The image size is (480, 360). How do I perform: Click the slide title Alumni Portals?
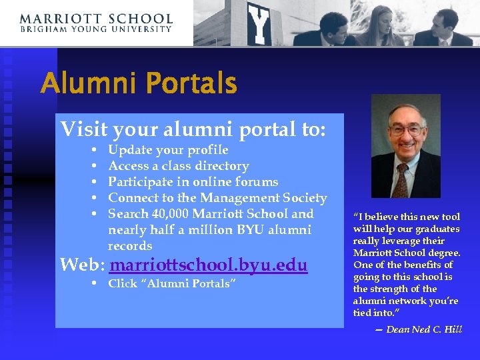138,85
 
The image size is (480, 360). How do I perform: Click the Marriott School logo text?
96,19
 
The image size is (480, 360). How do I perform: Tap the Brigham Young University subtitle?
96,29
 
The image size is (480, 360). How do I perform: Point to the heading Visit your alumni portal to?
193,129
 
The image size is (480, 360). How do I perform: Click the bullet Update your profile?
168,150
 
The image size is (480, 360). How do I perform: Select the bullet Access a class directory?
178,166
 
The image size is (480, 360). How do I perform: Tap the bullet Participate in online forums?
193,182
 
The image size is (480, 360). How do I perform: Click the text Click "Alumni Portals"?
172,284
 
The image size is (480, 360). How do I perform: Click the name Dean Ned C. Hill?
424,329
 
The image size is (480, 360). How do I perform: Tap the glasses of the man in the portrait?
405,129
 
